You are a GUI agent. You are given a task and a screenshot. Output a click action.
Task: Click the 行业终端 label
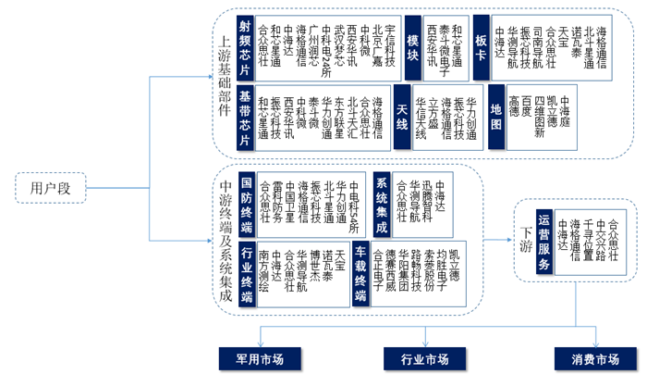click(x=246, y=276)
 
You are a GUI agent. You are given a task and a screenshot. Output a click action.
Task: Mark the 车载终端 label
click(x=361, y=276)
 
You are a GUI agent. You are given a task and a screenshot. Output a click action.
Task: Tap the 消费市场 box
click(x=594, y=358)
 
